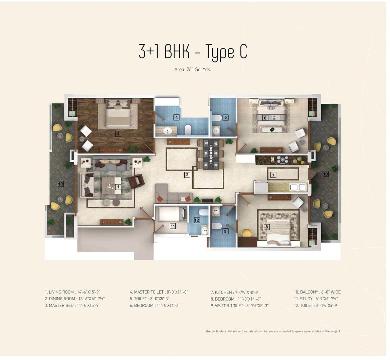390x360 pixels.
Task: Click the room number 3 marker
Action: [118, 134]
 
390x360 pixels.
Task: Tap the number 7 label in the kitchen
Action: [273, 175]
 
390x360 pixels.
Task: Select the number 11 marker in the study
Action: [173, 226]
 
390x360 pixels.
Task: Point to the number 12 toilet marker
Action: [197, 220]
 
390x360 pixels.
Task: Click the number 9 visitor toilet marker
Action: [225, 231]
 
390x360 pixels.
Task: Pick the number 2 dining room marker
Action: [187, 175]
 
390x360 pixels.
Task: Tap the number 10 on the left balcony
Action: [61, 184]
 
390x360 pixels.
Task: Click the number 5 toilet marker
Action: [226, 117]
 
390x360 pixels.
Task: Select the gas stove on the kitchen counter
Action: [283, 160]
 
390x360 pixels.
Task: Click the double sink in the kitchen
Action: [299, 187]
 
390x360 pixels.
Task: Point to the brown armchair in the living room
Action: [136, 182]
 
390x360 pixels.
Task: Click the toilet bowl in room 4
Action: [188, 129]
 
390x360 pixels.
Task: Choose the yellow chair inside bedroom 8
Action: [247, 233]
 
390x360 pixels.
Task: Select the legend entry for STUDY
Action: [316, 299]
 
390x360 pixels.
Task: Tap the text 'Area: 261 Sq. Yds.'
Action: [193, 70]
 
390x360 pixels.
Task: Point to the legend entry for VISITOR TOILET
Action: [240, 306]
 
